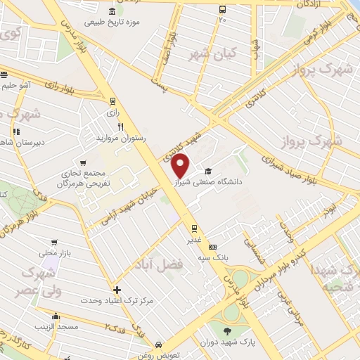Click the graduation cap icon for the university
[207, 171]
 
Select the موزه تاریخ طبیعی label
[112, 22]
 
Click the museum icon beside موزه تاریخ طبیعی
[112, 11]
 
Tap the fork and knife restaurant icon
[120, 127]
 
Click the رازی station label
[110, 112]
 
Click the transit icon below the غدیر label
[193, 229]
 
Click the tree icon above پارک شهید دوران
[227, 331]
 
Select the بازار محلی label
[51, 252]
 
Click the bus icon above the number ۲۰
[222, 10]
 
